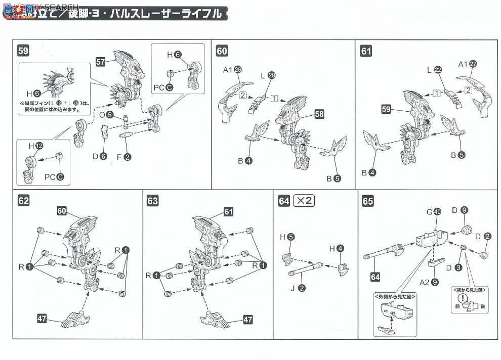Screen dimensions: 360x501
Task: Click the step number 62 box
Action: (23, 201)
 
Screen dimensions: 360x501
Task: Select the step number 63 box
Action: (152, 201)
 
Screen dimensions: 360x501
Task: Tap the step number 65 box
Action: (368, 201)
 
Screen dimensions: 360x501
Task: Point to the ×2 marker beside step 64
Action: (304, 201)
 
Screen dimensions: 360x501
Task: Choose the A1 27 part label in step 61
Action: (468, 64)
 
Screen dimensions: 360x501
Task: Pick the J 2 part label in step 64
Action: (298, 288)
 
